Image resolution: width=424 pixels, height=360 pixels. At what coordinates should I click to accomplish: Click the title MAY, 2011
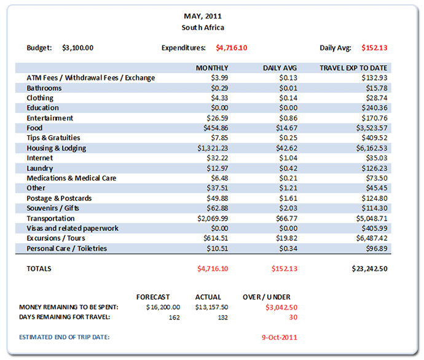203,16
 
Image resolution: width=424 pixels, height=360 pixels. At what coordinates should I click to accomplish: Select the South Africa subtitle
203,28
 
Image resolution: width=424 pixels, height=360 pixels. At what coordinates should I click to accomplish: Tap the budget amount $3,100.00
78,47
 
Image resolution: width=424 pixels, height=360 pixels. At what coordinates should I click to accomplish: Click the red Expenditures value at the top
232,47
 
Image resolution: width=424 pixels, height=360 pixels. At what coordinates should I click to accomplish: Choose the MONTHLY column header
212,68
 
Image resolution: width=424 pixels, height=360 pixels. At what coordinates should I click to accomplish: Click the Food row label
34,128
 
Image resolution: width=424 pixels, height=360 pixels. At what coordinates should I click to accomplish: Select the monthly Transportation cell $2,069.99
213,218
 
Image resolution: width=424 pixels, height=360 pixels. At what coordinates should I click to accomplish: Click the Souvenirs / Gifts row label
53,208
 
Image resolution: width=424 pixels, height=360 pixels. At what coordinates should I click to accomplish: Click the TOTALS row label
39,268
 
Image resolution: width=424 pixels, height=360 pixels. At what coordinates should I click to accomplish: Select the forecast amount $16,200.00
163,307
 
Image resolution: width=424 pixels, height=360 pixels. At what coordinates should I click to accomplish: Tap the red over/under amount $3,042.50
281,307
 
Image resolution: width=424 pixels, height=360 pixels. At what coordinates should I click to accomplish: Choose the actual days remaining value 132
222,317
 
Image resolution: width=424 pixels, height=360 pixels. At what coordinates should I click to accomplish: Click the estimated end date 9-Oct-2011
279,337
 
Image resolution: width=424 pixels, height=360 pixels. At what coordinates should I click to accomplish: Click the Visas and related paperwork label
73,229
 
